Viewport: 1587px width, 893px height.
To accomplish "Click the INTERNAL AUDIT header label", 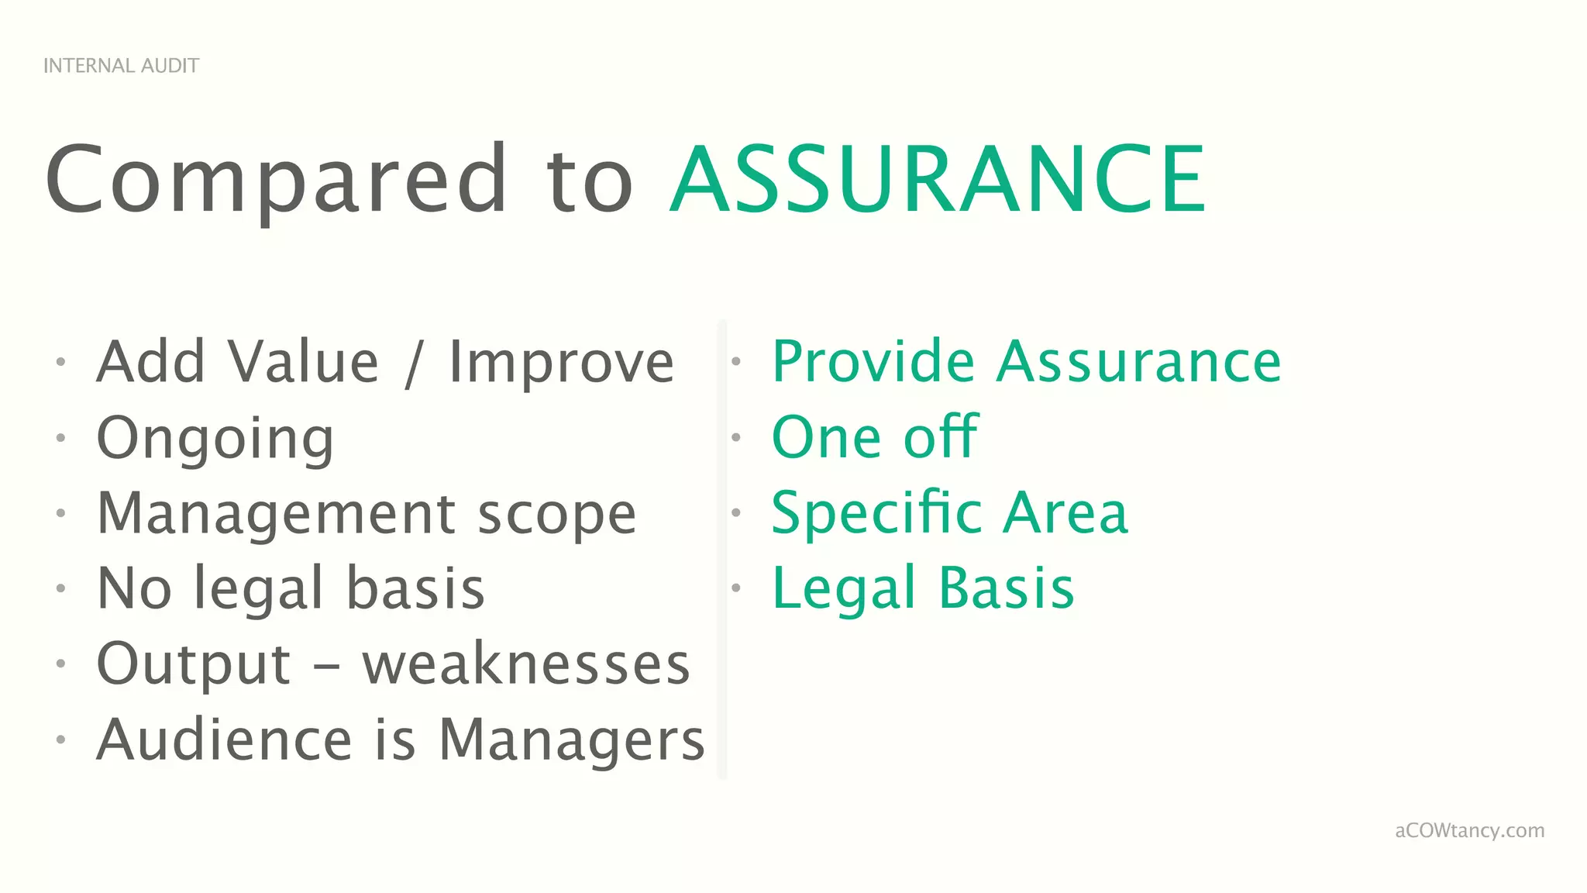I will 121,66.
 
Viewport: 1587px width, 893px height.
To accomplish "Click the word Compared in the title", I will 275,180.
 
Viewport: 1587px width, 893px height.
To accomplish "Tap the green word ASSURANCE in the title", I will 937,180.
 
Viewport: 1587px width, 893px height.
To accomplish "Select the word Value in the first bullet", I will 303,362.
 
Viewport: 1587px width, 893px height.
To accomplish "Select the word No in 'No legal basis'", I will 134,588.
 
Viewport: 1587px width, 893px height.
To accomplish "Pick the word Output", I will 194,664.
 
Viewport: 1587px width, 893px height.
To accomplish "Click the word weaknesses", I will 526,664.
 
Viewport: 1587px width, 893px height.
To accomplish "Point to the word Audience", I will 225,740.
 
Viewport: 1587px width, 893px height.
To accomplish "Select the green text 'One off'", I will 875,437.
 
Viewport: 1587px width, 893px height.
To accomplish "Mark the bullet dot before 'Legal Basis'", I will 736,588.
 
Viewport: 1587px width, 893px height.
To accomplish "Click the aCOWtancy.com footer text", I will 1469,831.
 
